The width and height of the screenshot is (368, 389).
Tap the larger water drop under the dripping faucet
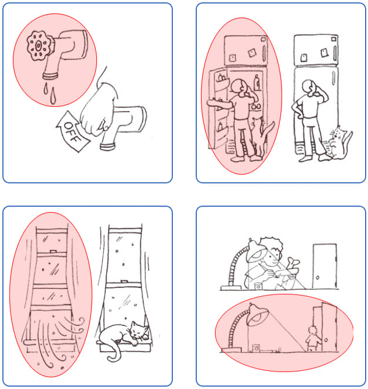[x=53, y=96]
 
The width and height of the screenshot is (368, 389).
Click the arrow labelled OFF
[x=72, y=131]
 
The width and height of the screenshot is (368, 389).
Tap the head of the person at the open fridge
[x=239, y=86]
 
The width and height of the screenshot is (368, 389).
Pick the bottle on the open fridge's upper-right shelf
[x=257, y=83]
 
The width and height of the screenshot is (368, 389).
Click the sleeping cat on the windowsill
[x=124, y=335]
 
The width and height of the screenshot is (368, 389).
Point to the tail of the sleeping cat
[x=114, y=352]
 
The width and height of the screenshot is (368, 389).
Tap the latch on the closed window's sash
[x=124, y=282]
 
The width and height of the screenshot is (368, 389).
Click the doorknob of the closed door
[x=318, y=277]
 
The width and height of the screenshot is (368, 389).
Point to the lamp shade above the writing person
[x=256, y=251]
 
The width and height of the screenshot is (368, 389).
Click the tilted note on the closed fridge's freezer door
[x=324, y=53]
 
